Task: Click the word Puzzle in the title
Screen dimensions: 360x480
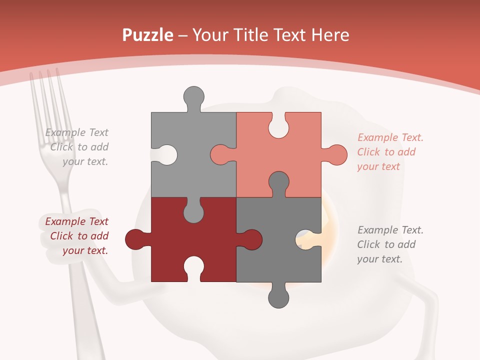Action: coord(148,35)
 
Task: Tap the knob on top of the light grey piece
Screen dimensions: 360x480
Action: coord(193,96)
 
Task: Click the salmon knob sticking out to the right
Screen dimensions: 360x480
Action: coord(336,154)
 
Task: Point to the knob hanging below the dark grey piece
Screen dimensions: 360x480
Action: coord(278,297)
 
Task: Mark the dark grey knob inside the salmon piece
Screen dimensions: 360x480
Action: coord(278,182)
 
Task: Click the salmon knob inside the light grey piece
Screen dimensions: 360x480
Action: coord(221,154)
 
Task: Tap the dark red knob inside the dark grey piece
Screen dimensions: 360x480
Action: coord(251,239)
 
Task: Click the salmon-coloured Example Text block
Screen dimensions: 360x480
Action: coord(389,152)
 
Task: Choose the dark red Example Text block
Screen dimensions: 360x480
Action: coord(78,236)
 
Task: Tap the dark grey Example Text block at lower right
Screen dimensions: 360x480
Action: coord(389,244)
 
